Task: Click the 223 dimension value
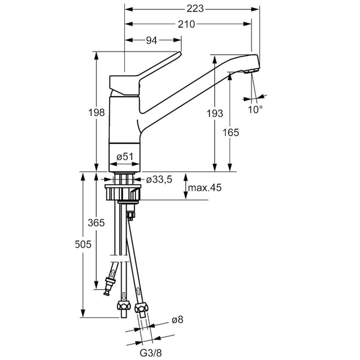point(195,8)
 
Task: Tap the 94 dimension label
point(151,40)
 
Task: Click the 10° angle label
point(256,110)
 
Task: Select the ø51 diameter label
point(124,157)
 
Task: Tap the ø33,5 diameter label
point(160,179)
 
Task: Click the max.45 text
point(205,188)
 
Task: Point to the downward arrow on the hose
point(124,295)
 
